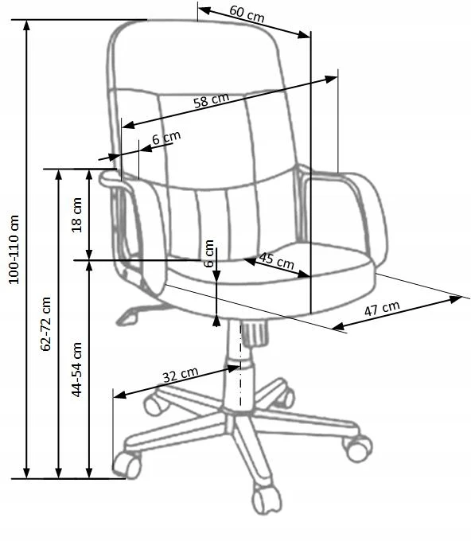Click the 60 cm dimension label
(247, 14)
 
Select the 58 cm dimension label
(212, 100)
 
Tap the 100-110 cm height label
(14, 249)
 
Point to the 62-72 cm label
(46, 324)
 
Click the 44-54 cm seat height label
(76, 369)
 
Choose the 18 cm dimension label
(76, 216)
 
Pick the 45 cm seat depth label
(277, 261)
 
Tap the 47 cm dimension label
(382, 309)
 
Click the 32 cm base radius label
(181, 375)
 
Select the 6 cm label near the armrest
(166, 137)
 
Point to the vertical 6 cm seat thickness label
(209, 253)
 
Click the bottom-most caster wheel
(266, 500)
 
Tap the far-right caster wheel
(358, 447)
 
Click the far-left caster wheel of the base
(127, 464)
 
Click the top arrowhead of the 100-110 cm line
(26, 25)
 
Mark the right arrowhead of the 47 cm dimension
(455, 299)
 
